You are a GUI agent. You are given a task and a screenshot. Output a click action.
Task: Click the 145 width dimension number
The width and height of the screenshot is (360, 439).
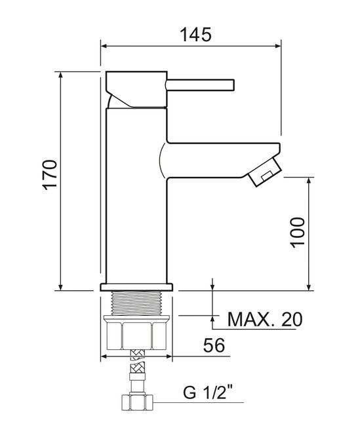tap(195, 35)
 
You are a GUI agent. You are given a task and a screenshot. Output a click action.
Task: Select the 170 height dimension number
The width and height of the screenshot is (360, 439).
tap(50, 175)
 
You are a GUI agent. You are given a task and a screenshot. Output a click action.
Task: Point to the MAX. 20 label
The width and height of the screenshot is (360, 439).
tap(265, 319)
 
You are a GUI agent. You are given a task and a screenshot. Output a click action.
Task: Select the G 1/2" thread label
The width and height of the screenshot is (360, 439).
tap(208, 392)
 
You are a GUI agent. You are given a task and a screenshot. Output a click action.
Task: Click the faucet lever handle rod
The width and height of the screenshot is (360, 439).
tap(200, 85)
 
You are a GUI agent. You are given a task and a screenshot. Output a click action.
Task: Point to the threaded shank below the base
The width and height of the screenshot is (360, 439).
tap(136, 303)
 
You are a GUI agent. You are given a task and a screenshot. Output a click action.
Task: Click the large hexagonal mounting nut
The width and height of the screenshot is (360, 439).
tap(136, 333)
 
